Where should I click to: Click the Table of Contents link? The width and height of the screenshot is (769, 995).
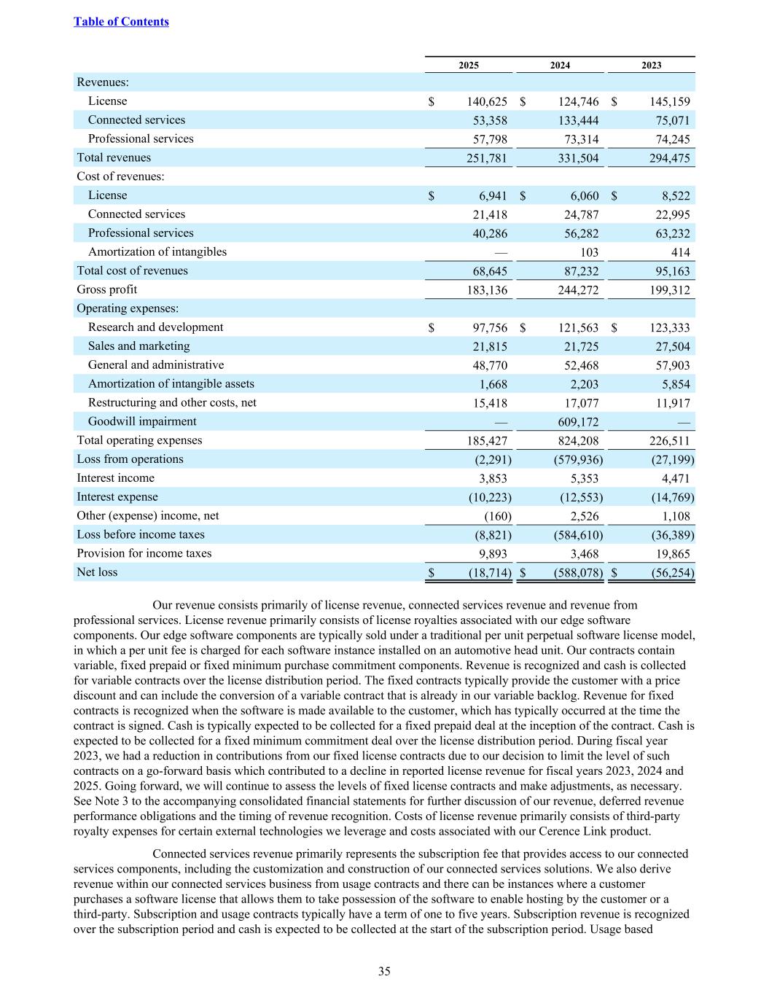point(121,22)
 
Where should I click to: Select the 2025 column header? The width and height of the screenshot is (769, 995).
point(469,66)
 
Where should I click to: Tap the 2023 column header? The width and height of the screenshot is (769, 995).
point(651,66)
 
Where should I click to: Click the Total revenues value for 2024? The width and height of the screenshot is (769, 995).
point(578,158)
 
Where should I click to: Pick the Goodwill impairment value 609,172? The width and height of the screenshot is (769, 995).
point(578,422)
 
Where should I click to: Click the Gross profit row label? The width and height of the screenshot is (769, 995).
point(106,289)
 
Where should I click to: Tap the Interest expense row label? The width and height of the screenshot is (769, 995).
point(117,497)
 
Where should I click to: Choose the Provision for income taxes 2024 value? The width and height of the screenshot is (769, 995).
point(584,554)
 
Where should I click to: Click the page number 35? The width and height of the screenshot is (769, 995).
point(384,971)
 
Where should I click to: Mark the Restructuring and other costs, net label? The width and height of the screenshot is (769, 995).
point(172,403)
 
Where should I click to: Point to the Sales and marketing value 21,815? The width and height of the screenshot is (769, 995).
point(490,347)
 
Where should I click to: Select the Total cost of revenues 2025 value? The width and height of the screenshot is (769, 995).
point(490,271)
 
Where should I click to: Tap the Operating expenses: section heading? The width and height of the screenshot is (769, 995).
point(128,308)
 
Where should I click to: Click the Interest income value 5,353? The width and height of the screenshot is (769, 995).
point(584,479)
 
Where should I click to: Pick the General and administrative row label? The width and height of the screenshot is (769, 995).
point(156,365)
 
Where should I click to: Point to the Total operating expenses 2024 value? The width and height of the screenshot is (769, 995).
point(578,441)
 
